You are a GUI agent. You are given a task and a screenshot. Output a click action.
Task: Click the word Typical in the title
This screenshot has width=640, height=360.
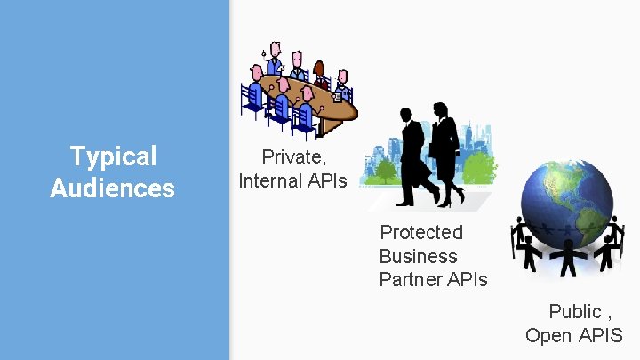(x=113, y=157)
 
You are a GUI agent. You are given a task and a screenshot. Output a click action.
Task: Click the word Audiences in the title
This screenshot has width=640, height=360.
(x=113, y=188)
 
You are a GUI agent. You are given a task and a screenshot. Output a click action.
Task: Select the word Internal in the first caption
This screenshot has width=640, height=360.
(x=271, y=181)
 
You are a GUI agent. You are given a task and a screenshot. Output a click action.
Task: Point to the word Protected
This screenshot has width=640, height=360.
(x=421, y=233)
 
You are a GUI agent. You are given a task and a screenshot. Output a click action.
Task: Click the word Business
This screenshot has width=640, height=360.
(x=418, y=257)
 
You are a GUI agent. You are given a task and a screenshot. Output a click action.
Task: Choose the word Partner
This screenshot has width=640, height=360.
(x=410, y=280)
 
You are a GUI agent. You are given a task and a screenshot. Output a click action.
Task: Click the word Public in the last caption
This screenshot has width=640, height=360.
(x=575, y=311)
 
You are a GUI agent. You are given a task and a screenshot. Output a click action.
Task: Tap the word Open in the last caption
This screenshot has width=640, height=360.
(x=548, y=335)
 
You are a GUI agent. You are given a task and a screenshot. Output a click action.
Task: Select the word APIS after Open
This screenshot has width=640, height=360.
(x=601, y=335)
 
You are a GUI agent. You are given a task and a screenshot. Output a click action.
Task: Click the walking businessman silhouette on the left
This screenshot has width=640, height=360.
(x=415, y=156)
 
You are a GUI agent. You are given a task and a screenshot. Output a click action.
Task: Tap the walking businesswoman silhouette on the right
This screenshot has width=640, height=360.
(x=446, y=151)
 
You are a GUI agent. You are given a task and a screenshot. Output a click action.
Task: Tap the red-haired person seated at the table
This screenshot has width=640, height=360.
(x=319, y=73)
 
